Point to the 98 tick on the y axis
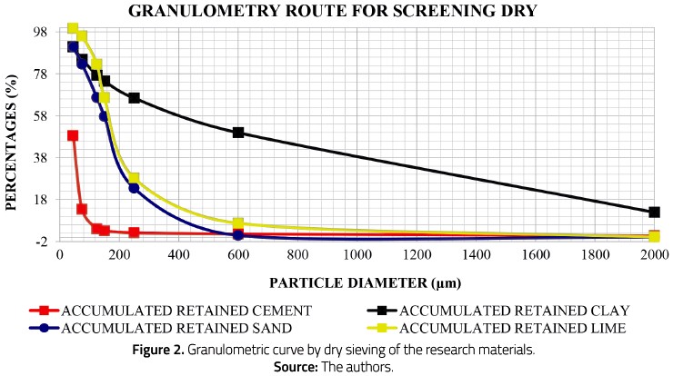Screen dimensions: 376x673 tap(40, 31)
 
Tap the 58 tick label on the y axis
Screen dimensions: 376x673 tap(40, 115)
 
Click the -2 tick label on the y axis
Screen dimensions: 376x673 tap(42, 242)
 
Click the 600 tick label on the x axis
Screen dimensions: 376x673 tap(237, 255)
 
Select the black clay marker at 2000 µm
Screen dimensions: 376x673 tap(654, 212)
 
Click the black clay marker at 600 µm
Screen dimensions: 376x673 tap(238, 133)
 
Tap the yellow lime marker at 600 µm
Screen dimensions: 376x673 tap(238, 223)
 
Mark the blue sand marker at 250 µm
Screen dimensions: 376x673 tap(134, 188)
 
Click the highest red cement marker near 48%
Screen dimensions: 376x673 tap(73, 135)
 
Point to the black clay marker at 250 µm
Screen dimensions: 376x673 tap(134, 98)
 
